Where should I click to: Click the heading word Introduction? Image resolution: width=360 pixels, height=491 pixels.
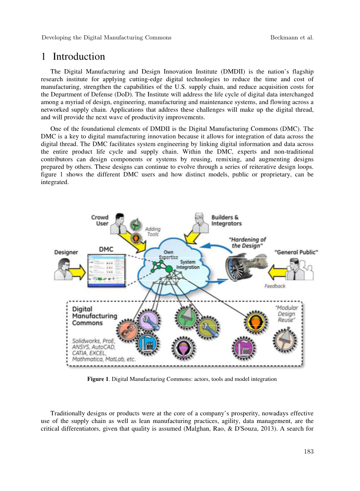click(x=79, y=57)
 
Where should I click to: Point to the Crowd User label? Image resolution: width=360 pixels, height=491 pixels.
click(x=100, y=220)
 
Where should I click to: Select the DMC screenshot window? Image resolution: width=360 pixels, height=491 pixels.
click(x=106, y=271)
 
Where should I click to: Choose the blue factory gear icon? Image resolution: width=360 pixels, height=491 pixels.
click(x=147, y=342)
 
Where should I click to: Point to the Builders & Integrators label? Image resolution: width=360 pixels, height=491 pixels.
click(x=226, y=220)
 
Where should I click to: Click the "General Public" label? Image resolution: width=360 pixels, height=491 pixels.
click(x=296, y=252)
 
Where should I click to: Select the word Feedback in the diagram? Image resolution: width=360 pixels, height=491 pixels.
click(x=275, y=286)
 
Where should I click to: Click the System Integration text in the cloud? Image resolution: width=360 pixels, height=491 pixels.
click(x=187, y=264)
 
